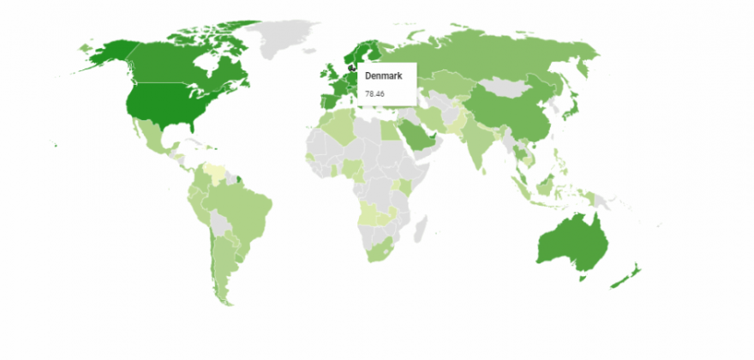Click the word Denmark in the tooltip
coord(378,76)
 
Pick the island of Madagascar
coord(422,227)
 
